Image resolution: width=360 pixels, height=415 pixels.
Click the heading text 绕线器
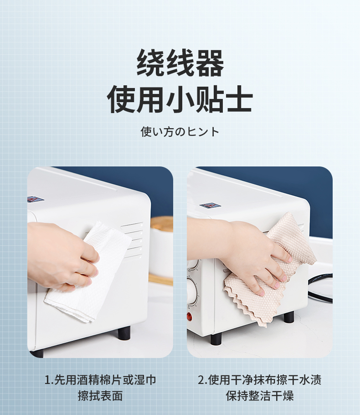tap(180, 63)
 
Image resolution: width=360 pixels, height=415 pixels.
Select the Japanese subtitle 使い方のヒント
tap(180, 131)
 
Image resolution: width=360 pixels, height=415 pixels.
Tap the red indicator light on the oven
tap(190, 316)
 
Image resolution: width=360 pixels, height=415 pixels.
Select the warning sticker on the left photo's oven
tap(36, 199)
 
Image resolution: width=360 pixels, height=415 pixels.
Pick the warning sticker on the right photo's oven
tap(210, 205)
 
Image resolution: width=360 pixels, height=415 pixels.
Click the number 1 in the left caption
tap(47, 380)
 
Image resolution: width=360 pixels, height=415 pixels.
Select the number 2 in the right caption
tap(201, 380)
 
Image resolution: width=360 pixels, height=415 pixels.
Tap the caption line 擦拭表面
tap(100, 396)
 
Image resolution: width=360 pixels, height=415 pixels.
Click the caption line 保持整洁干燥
tap(259, 396)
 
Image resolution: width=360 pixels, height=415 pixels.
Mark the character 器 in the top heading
tap(210, 63)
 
